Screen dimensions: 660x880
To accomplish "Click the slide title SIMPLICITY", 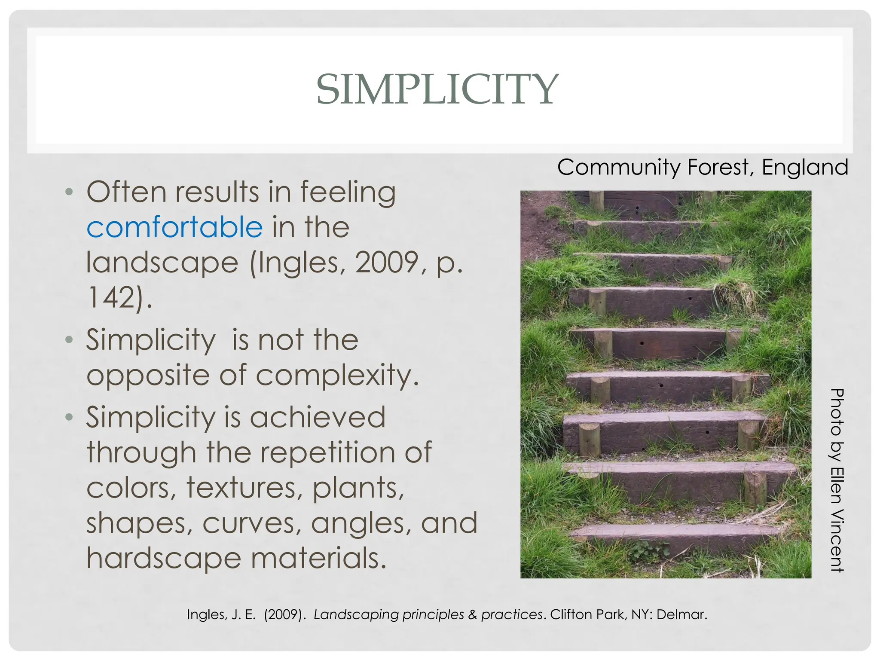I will click(x=437, y=89).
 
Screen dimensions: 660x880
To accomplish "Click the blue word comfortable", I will click(x=174, y=227).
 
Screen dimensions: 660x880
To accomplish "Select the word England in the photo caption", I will click(x=804, y=167).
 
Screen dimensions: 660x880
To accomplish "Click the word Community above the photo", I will click(x=619, y=167).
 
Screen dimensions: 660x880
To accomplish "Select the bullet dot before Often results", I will click(x=69, y=192).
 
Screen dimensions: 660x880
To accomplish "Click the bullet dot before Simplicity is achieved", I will click(x=69, y=417).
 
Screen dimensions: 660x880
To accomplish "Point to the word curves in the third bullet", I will click(x=252, y=523).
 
